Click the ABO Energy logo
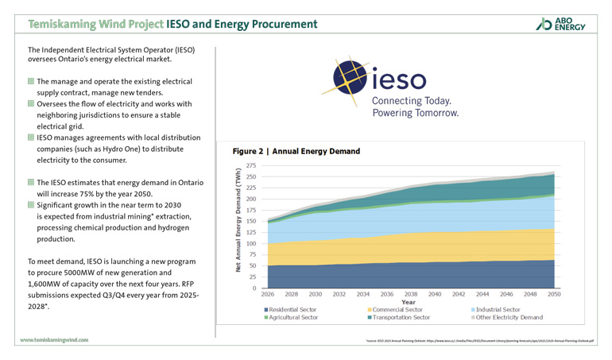[x=561, y=24]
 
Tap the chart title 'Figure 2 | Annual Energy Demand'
[x=296, y=151]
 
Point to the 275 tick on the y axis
[x=250, y=165]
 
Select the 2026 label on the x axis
[x=268, y=294]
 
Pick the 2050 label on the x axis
[x=554, y=294]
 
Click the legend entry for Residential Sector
[x=295, y=309]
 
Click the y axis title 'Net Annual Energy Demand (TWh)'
[x=238, y=220]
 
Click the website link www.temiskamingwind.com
[x=55, y=339]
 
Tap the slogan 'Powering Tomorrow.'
[x=416, y=114]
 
